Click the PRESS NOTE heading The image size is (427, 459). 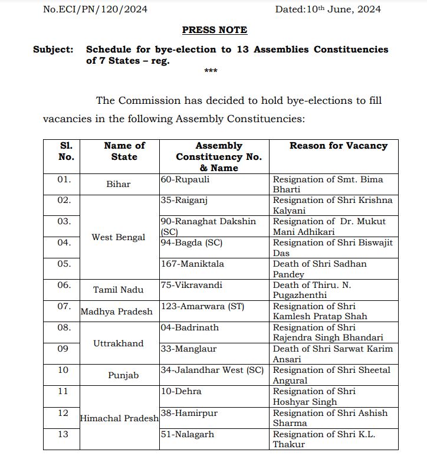tap(214, 29)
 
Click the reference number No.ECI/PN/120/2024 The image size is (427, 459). tap(95, 9)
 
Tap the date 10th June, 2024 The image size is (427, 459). tap(328, 9)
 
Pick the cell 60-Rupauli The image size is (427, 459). tap(185, 179)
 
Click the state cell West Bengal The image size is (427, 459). tap(118, 237)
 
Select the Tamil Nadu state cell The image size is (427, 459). tap(118, 290)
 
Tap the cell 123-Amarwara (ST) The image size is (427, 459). tap(202, 306)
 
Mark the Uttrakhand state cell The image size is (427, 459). tap(118, 343)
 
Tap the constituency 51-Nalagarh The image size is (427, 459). tap(187, 434)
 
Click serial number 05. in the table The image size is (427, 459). tap(64, 264)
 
